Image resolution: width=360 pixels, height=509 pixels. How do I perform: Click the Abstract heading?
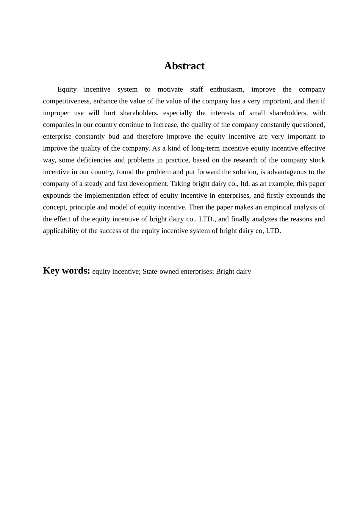(184, 66)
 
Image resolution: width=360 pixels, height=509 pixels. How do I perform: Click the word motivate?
(170, 89)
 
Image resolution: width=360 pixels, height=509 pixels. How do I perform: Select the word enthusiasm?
(227, 89)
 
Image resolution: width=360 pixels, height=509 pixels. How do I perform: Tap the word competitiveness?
(66, 101)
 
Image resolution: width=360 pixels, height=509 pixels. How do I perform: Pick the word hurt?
(110, 113)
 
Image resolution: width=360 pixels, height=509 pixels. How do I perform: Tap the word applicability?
(60, 231)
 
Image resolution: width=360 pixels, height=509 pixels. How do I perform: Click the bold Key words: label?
(66, 271)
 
